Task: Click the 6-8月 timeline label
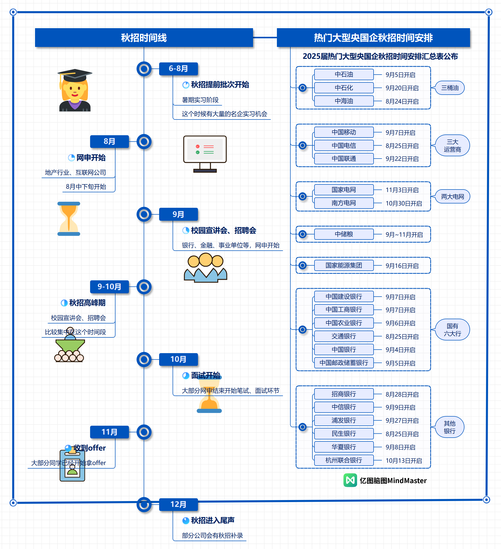click(178, 68)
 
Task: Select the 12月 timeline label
click(178, 505)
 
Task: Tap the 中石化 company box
click(344, 88)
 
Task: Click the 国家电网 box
click(344, 190)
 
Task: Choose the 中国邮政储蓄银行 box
click(344, 363)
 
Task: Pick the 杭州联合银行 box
click(344, 460)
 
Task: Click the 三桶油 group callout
click(450, 88)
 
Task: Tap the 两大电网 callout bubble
click(453, 196)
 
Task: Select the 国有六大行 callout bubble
click(453, 330)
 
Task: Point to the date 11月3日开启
click(402, 190)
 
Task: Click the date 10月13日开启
click(404, 460)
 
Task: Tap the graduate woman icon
click(75, 90)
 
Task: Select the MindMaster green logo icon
click(350, 480)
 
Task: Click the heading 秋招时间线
click(144, 38)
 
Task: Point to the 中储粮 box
click(344, 234)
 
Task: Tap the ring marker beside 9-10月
click(144, 287)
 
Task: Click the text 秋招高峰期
click(87, 303)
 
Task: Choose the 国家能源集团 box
click(344, 265)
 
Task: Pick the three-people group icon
click(206, 268)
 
